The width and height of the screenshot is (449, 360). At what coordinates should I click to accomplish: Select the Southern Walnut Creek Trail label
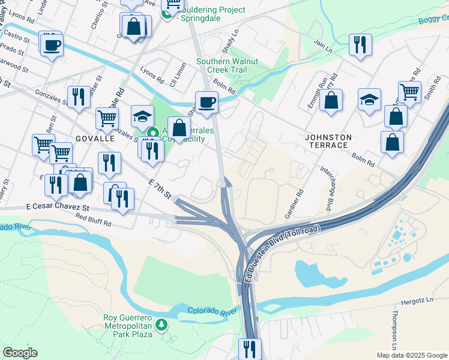click(x=228, y=65)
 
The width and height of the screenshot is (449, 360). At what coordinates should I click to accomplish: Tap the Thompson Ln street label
click(x=394, y=331)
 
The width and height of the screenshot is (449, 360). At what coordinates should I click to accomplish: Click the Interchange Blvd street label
click(x=327, y=188)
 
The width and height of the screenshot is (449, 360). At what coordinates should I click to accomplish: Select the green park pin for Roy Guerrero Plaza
click(x=161, y=325)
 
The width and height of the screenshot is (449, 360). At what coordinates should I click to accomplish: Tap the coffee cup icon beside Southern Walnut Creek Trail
click(x=206, y=101)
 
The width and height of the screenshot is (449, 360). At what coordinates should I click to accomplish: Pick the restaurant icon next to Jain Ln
click(x=360, y=44)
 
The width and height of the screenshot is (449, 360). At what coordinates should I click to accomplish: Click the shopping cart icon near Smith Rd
click(x=409, y=92)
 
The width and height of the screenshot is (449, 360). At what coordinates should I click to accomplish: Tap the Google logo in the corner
click(x=20, y=353)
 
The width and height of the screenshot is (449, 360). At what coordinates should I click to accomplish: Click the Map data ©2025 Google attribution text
click(x=411, y=355)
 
